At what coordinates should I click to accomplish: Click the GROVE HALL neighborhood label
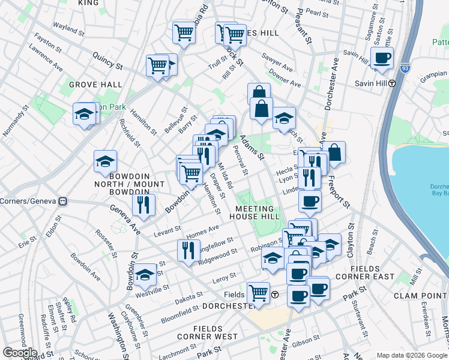coord(95,85)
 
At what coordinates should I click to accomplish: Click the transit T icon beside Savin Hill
coord(391,84)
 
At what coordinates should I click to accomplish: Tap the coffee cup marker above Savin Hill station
coord(382,58)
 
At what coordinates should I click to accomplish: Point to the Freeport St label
coord(342,190)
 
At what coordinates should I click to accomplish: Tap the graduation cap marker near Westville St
coord(145,275)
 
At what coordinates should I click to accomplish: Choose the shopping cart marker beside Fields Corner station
coord(259,293)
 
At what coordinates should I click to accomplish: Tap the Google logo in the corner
coord(19,353)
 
